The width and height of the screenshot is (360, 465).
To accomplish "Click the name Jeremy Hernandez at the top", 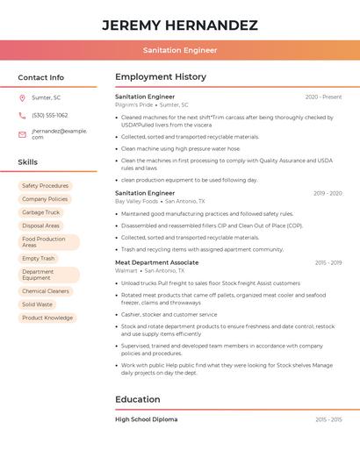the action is (180, 25).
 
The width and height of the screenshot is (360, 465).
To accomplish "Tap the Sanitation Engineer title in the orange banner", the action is (180, 50).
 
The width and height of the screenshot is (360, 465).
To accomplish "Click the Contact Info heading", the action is (40, 77).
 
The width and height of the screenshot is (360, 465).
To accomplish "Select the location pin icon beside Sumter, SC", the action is (22, 98).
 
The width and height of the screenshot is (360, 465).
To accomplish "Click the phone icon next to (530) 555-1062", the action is (22, 115).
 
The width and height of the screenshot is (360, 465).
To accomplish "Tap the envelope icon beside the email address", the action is (22, 134).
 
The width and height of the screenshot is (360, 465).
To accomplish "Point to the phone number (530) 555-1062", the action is (49, 115).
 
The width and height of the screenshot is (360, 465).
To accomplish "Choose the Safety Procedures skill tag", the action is (45, 186).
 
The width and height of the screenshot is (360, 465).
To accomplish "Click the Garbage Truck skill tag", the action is (40, 212).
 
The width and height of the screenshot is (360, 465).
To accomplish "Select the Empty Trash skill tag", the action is (38, 259).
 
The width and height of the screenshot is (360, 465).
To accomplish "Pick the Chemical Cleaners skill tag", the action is (45, 291).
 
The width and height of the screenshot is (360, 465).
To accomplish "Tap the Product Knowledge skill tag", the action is (47, 318).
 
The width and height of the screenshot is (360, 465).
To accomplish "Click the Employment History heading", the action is (160, 77).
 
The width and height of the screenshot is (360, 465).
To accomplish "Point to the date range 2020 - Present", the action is (323, 97).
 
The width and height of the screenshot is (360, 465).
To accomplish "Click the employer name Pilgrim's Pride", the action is (134, 104).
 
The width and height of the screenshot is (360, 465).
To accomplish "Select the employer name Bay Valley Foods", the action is (137, 201).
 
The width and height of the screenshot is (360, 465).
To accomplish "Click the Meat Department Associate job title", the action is (156, 262).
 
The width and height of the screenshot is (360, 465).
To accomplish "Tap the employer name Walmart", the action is (126, 271).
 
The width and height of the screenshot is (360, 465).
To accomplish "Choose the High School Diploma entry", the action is (146, 419).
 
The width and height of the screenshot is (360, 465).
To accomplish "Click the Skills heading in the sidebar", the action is (27, 162).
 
